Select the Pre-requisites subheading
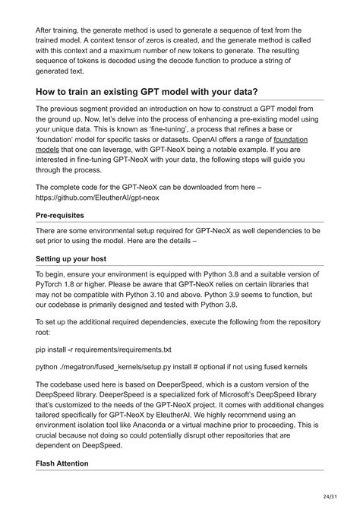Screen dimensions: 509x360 [63, 215]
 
